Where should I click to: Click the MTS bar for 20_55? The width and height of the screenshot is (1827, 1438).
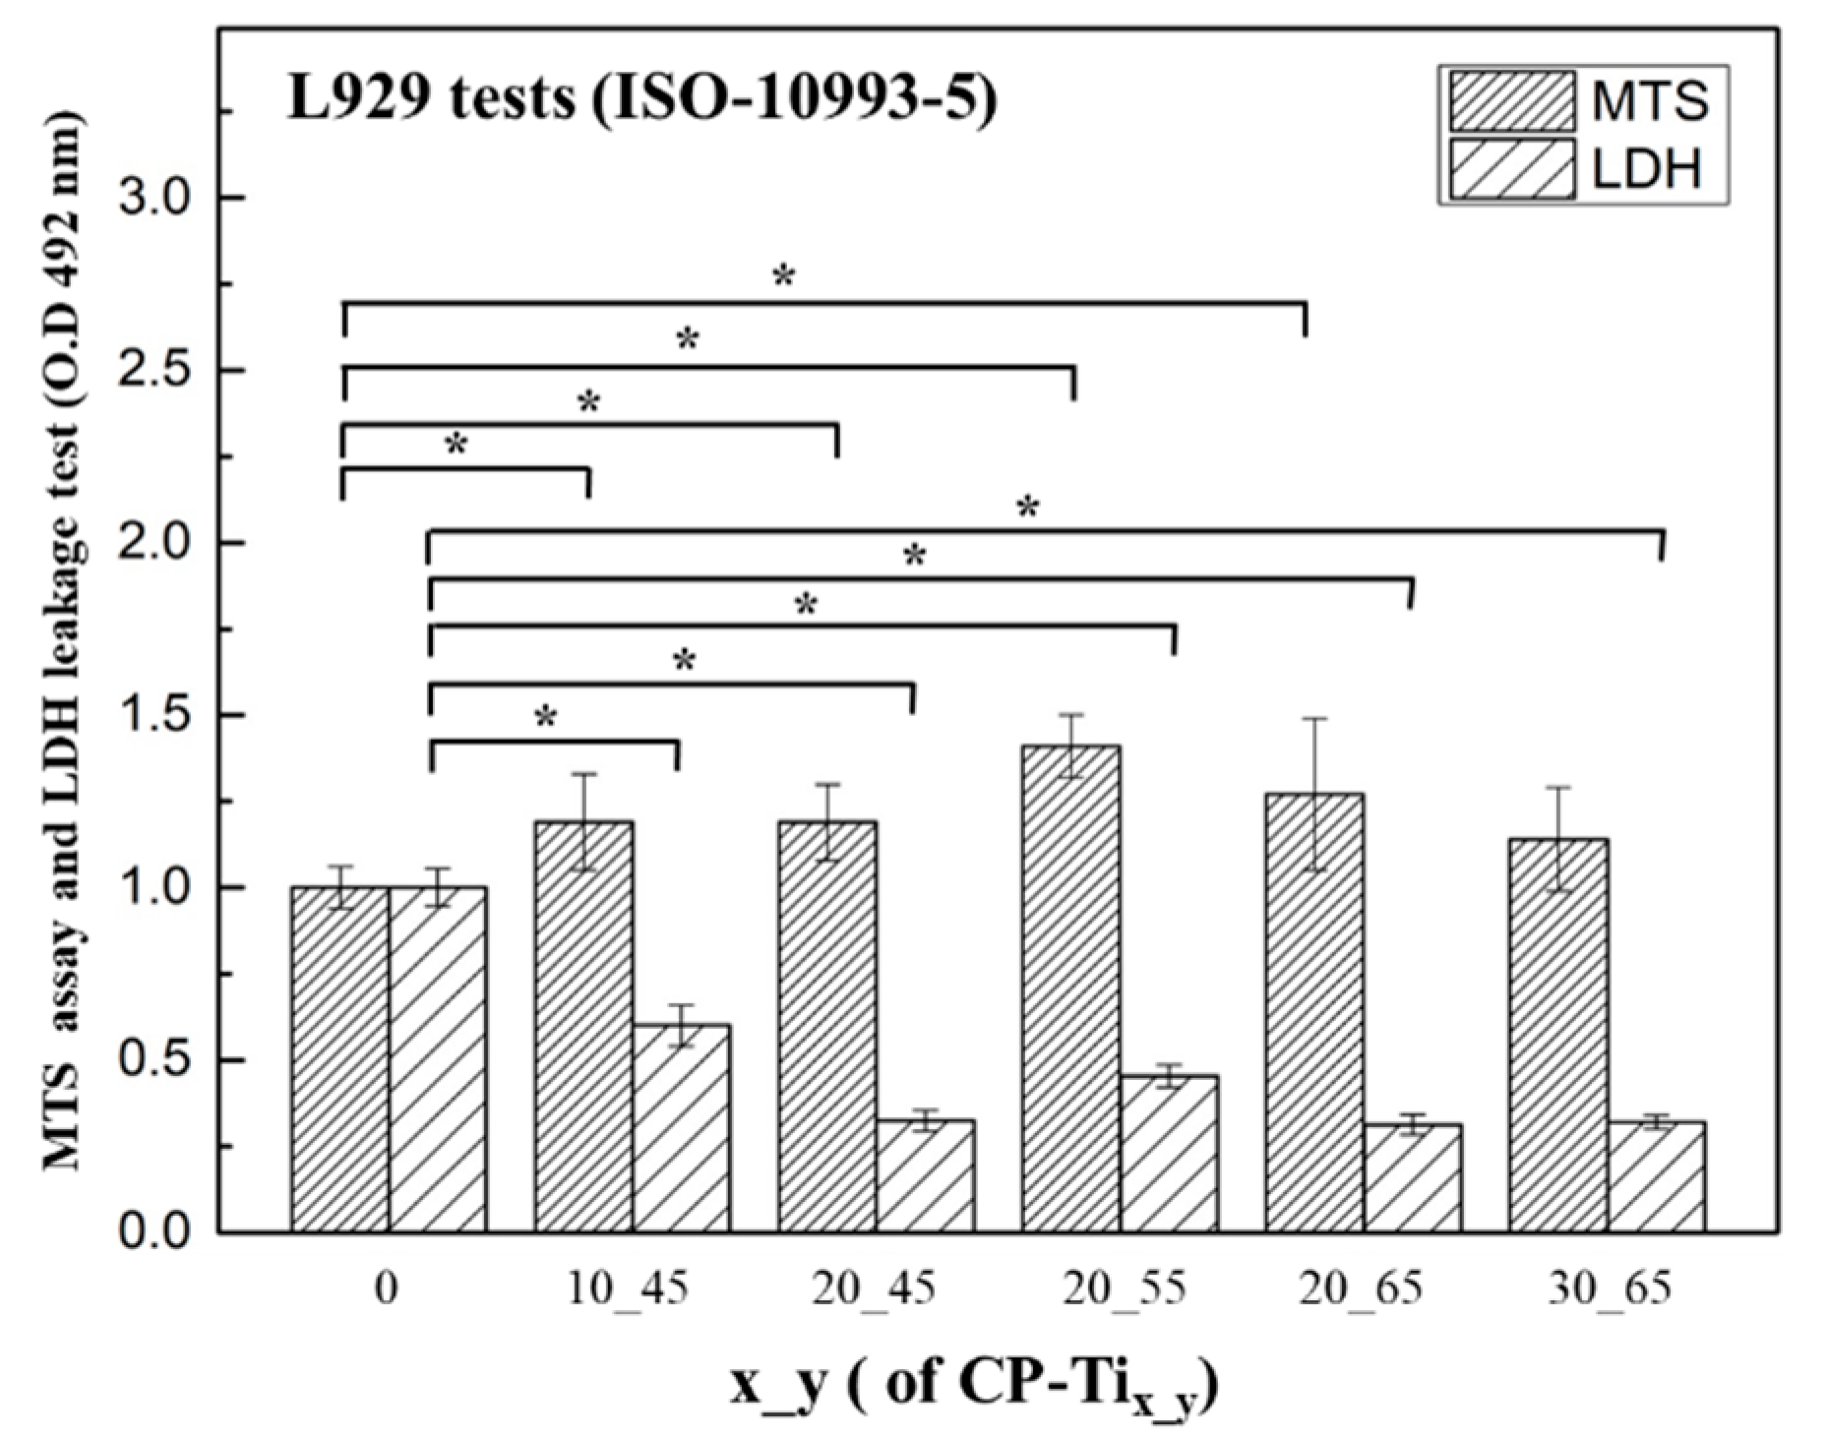click(x=1070, y=989)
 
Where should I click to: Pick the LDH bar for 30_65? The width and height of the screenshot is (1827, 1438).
click(x=1656, y=1176)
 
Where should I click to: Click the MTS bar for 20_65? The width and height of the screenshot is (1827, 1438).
click(x=1314, y=1012)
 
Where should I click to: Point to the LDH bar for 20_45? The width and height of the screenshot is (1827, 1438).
click(x=925, y=1175)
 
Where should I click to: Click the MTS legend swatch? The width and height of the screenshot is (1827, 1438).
click(x=1511, y=100)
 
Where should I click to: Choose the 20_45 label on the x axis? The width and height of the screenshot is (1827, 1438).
click(x=874, y=1288)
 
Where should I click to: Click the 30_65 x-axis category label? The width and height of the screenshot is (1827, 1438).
click(x=1609, y=1288)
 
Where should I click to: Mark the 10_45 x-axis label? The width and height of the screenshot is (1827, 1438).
click(x=629, y=1288)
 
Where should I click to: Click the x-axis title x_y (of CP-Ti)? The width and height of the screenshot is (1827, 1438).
click(x=974, y=1387)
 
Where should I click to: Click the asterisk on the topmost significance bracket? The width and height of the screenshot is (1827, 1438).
click(x=783, y=276)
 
